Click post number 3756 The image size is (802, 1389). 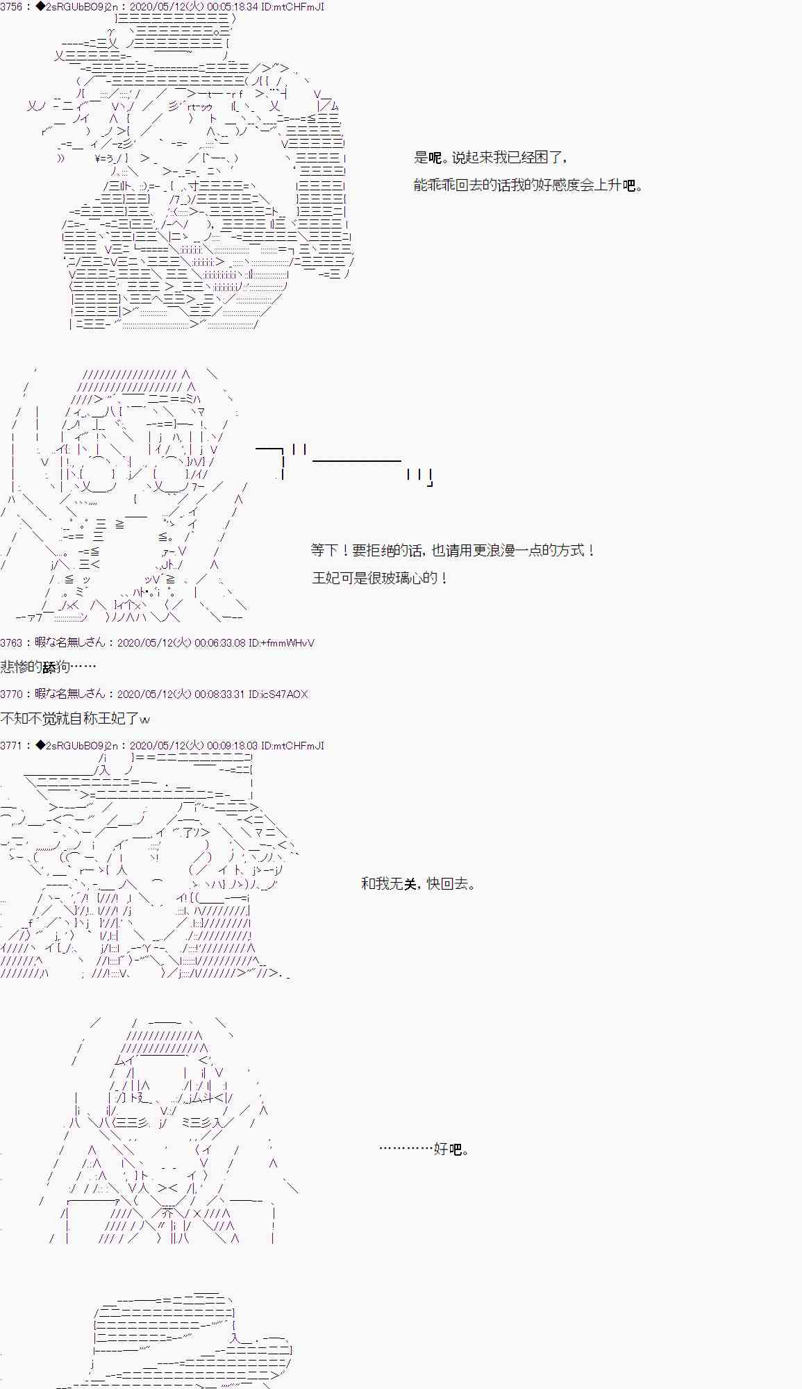click(x=12, y=7)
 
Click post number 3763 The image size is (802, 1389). click(x=12, y=643)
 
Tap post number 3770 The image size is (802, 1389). click(x=12, y=694)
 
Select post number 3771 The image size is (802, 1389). click(x=12, y=745)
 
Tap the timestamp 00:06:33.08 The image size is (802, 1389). click(x=219, y=643)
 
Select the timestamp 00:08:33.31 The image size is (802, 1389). click(x=219, y=694)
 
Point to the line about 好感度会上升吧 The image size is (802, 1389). click(x=528, y=185)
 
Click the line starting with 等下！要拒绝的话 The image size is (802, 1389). click(x=453, y=550)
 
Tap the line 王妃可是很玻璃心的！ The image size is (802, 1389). click(x=380, y=578)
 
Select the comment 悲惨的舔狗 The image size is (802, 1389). click(x=48, y=667)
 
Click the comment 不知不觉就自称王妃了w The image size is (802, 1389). click(x=75, y=718)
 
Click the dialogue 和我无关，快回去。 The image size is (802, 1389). click(x=419, y=883)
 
